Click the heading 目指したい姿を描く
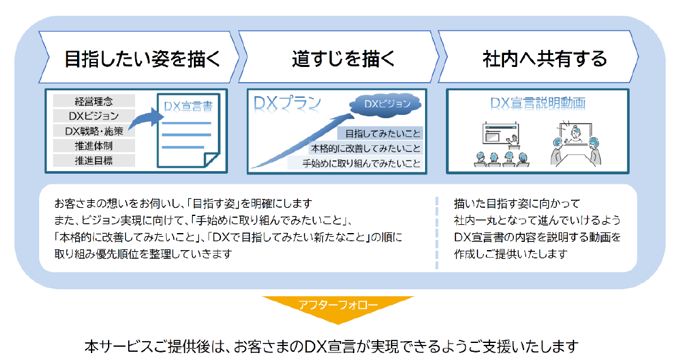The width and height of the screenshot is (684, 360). pos(143,59)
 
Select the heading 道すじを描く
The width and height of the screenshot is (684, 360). pos(344,59)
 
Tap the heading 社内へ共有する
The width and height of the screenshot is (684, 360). pos(545,59)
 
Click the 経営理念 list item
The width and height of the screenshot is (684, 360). pos(93,101)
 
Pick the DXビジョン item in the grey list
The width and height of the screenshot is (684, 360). pos(93,116)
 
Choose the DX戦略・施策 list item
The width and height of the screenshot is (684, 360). pos(93,131)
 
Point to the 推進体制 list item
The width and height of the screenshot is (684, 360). pos(93,146)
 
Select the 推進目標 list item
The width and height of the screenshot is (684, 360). pos(93,160)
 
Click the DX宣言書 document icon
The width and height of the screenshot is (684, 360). pos(188,131)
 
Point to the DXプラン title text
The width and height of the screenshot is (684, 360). pos(287,104)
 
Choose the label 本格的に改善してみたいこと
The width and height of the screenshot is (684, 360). pos(366,149)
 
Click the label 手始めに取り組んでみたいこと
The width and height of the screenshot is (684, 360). pos(361,164)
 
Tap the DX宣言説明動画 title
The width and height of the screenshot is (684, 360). pos(537,103)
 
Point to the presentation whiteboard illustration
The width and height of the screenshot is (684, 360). pos(500,134)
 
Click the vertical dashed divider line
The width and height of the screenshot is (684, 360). pos(436,233)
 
